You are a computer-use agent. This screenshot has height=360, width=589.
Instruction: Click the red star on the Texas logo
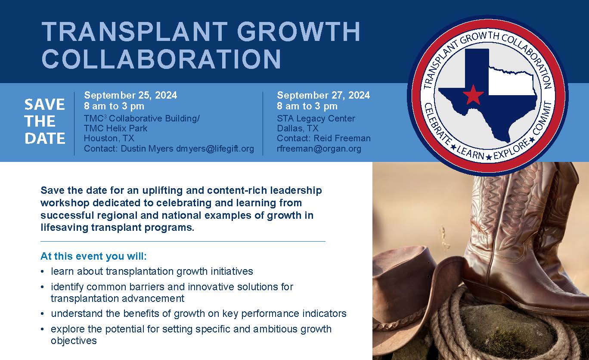pos(473,94)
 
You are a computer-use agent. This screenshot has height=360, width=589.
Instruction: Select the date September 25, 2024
pos(130,95)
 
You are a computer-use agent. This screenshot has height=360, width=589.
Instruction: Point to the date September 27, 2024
pos(323,95)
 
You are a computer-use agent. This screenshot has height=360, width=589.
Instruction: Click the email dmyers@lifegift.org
pos(215,149)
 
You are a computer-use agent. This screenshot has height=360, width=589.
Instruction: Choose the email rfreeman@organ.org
pos(319,149)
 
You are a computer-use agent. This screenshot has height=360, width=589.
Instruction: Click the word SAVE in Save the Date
pos(45,104)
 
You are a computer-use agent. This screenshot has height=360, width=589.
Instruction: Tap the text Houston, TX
pos(109,138)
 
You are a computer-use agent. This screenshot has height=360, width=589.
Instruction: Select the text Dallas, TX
pos(298,128)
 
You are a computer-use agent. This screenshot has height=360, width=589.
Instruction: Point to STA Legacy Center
pos(316,118)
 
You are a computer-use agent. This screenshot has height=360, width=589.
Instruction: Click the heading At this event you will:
pos(93,256)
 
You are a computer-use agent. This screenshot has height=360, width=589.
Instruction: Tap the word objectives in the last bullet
pos(74,341)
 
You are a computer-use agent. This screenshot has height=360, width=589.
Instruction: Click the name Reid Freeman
pos(342,138)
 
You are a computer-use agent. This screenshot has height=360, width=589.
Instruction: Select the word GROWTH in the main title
pos(299,31)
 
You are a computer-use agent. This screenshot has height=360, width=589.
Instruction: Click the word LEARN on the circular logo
pos(471,153)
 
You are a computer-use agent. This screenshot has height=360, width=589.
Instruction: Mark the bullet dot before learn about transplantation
pos(42,272)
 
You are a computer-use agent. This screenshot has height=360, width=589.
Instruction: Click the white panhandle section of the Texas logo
pos(512,81)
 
